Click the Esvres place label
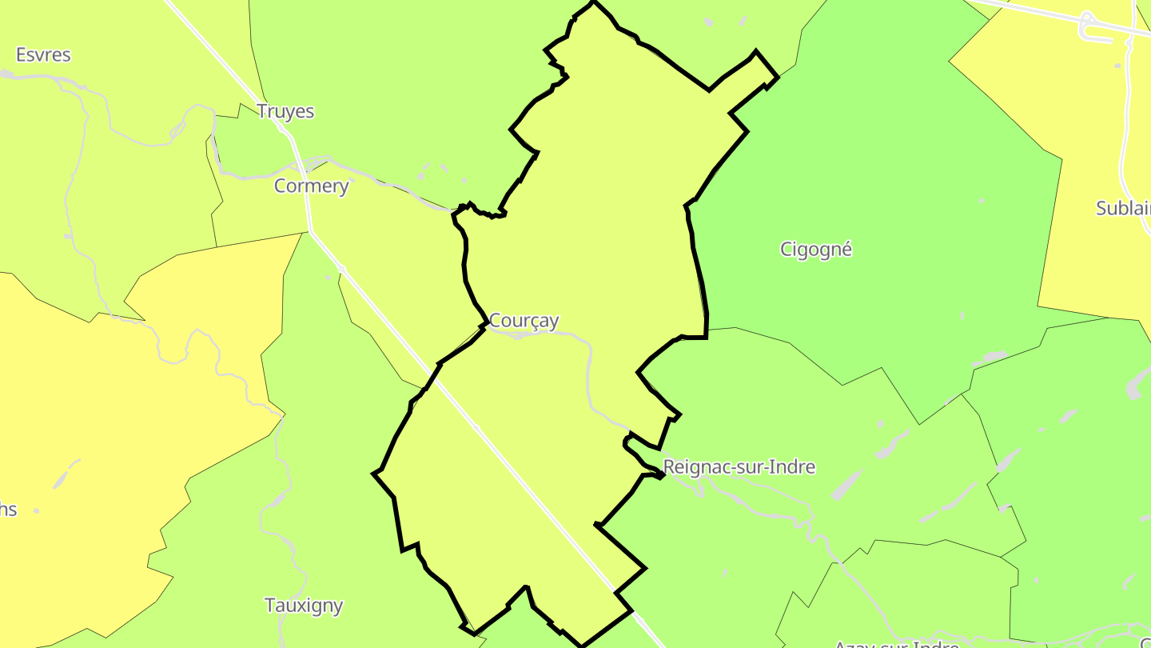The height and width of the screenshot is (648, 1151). pyautogui.click(x=43, y=55)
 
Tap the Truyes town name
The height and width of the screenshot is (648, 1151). pyautogui.click(x=285, y=111)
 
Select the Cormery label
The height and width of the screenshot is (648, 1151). pyautogui.click(x=311, y=186)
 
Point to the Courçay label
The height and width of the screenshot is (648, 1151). pyautogui.click(x=524, y=321)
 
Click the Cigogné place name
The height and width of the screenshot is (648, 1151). pyautogui.click(x=816, y=250)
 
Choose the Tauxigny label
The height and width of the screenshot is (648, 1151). pyautogui.click(x=304, y=606)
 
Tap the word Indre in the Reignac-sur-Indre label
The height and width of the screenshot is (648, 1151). pyautogui.click(x=791, y=466)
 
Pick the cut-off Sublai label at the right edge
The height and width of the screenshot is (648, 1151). pyautogui.click(x=1123, y=209)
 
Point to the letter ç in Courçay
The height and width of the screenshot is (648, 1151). pyautogui.click(x=532, y=322)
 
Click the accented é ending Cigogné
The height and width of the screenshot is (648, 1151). pyautogui.click(x=847, y=250)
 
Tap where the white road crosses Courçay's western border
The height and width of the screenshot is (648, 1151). pyautogui.click(x=439, y=366)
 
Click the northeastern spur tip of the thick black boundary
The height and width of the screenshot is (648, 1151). pyautogui.click(x=775, y=78)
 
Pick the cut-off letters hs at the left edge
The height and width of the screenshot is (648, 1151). pyautogui.click(x=7, y=510)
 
